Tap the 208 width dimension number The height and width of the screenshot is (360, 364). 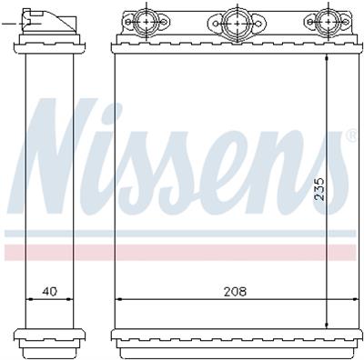click(234, 292)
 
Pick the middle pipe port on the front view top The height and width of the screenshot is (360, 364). click(235, 23)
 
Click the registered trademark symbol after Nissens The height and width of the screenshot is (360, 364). click(352, 136)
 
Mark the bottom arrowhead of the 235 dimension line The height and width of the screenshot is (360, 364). click(327, 323)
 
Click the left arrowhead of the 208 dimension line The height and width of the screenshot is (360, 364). click(118, 299)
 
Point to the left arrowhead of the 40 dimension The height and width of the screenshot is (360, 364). click(24, 299)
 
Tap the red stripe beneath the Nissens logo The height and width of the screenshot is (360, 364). click(182, 251)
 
